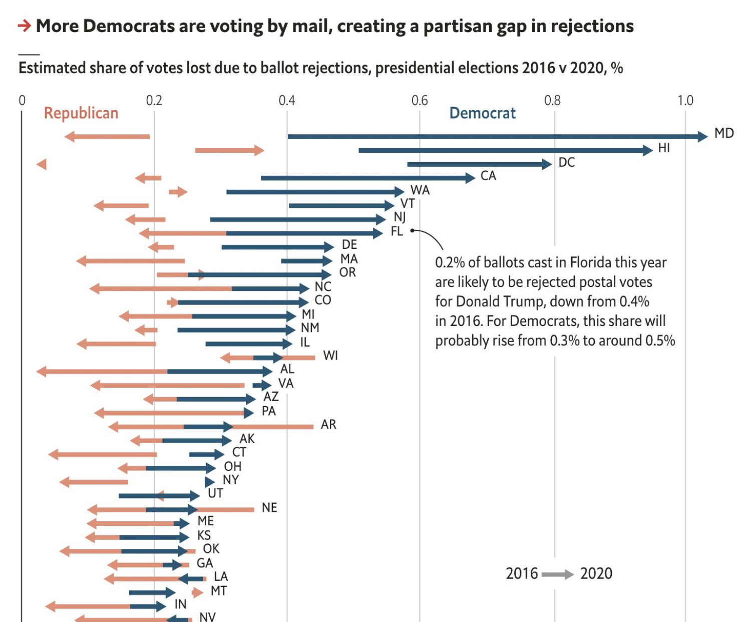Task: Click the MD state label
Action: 724,133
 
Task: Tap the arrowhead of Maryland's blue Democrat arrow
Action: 702,136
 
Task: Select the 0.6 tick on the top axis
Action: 420,100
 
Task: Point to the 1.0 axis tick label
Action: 685,100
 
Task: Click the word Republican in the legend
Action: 81,113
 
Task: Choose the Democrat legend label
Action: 482,113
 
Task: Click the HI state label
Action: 664,148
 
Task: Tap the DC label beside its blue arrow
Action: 566,162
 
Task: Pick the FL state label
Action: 397,231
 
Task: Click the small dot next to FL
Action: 412,230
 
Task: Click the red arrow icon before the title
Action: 25,26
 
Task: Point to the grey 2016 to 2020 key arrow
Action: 558,574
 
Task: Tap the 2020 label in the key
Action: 596,573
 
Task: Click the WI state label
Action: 330,356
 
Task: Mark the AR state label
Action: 328,425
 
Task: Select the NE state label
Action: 269,508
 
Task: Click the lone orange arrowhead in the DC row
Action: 42,164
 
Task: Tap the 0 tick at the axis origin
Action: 22,100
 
